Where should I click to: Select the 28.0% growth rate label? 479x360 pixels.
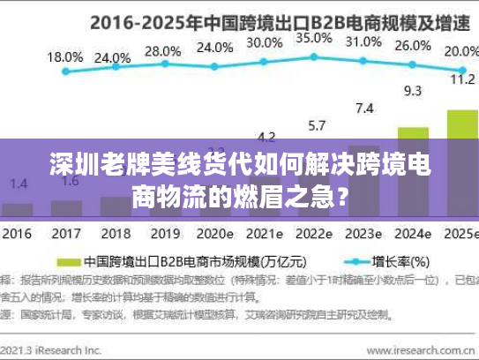pos(161,51)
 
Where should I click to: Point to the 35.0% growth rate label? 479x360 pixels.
pos(313,38)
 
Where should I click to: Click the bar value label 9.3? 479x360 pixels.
pos(412,90)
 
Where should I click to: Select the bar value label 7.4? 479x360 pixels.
pos(363,108)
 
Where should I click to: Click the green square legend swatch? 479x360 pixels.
pos(68,262)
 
